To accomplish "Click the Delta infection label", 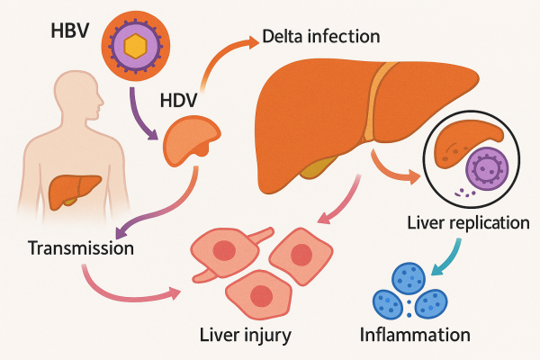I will [320, 37].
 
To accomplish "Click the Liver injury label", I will [246, 336].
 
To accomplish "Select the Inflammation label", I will [415, 336].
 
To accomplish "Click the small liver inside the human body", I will [74, 190].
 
